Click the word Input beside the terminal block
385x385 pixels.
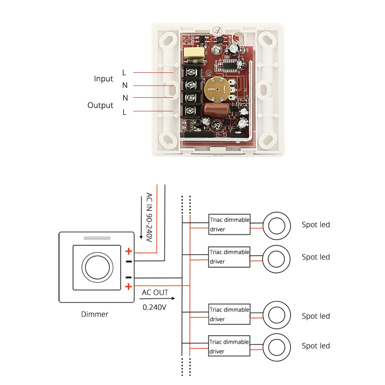[103, 79]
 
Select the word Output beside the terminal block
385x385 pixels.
[100, 105]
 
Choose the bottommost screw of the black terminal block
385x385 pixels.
[190, 112]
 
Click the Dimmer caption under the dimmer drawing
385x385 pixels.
[95, 314]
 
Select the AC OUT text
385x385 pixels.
[155, 292]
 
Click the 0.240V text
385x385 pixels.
[154, 307]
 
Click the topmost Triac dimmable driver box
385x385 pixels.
[229, 224]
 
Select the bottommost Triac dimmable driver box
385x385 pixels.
[229, 346]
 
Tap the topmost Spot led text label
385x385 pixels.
[316, 224]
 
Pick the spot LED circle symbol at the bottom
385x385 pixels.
[276, 346]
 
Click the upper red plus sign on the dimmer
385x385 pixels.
[129, 251]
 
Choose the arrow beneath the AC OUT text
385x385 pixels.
[158, 298]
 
